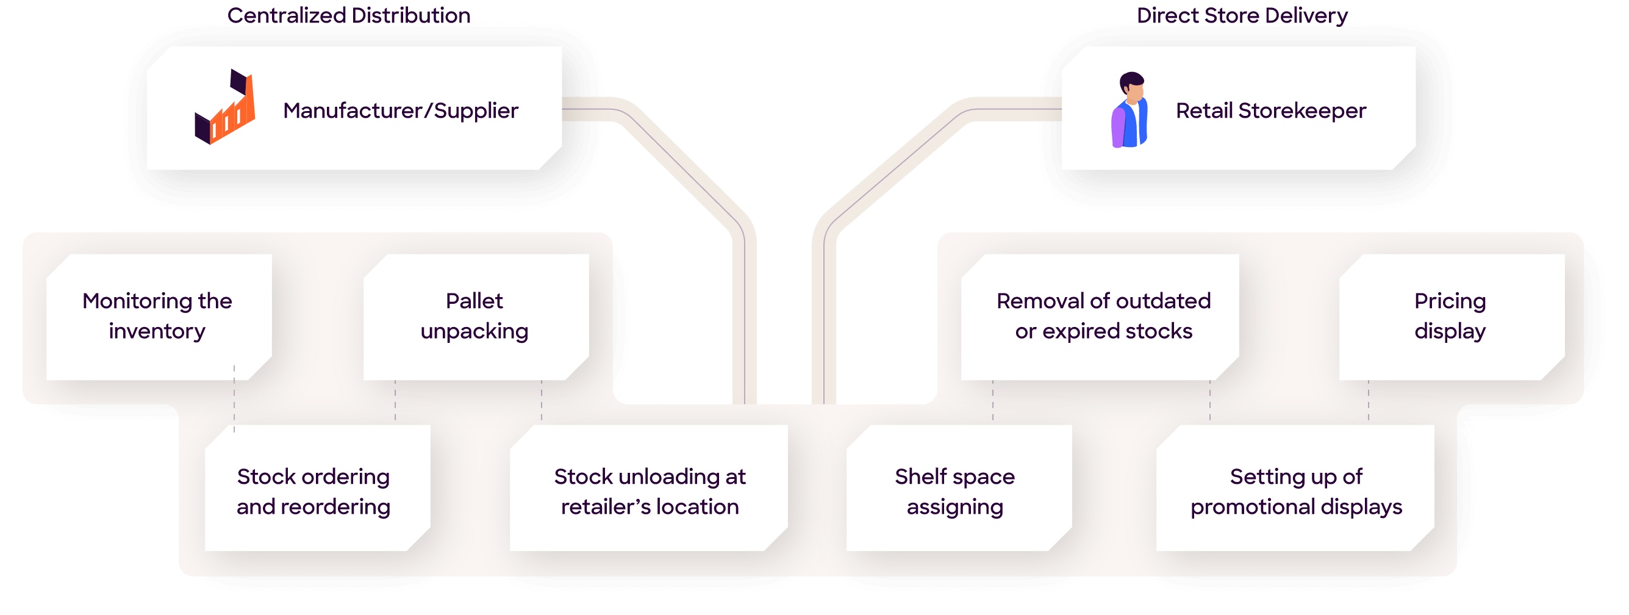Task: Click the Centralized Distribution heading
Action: (348, 16)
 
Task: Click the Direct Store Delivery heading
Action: (1241, 16)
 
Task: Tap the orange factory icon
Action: (225, 107)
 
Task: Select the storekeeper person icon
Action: (1130, 110)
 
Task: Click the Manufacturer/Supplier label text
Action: (400, 110)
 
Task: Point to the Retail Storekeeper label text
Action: (1270, 110)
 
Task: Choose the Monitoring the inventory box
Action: (158, 317)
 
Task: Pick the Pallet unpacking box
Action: (476, 317)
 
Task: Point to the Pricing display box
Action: (1451, 317)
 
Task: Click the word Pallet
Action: (474, 301)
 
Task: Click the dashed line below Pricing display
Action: (1369, 401)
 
